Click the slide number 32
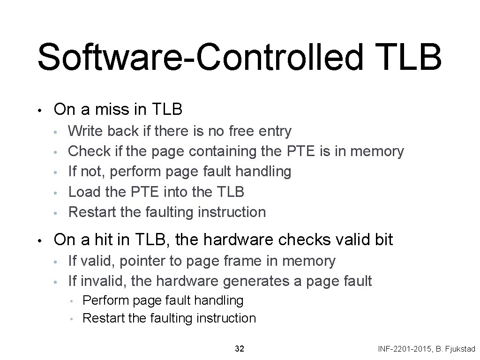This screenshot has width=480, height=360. [239, 349]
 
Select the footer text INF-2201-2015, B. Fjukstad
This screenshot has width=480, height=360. [427, 349]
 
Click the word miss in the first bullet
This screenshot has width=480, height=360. [108, 110]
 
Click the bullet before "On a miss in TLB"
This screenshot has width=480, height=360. [41, 111]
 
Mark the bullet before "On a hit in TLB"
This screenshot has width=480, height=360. [41, 241]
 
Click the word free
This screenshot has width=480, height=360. [242, 131]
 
